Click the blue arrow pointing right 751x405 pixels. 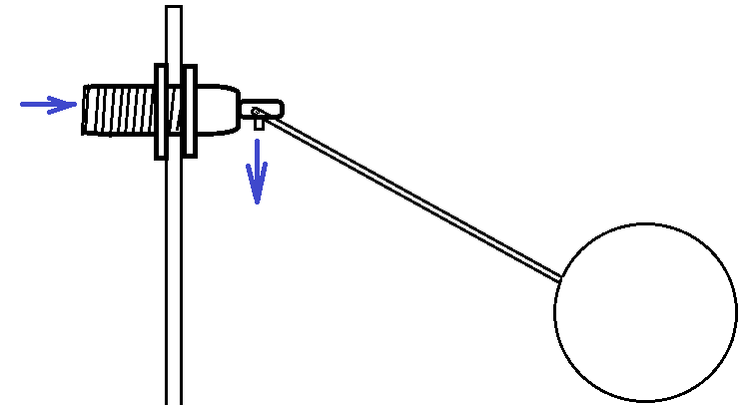[47, 105]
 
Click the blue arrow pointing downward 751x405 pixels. [258, 171]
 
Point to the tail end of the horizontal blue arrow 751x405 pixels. [24, 104]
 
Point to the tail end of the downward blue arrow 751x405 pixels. [258, 142]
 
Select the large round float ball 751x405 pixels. [645, 312]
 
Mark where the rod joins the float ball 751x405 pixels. [560, 278]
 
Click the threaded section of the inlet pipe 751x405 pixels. [118, 110]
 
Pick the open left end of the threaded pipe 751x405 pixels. [85, 110]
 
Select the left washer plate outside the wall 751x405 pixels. [161, 111]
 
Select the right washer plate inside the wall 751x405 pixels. [189, 111]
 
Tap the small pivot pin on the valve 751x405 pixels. [257, 110]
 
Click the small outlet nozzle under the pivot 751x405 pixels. [259, 124]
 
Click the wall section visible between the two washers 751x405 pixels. [175, 111]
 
